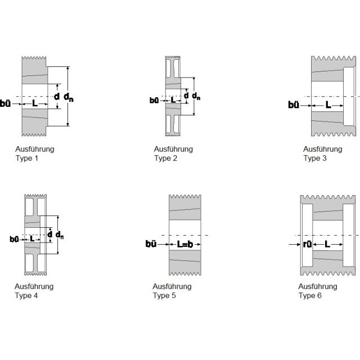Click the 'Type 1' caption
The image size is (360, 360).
(26, 158)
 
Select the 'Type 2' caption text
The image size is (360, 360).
(165, 158)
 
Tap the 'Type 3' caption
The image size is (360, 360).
(315, 158)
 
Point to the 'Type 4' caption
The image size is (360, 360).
(26, 295)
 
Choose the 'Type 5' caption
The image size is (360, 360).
(164, 295)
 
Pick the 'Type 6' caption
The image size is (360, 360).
(310, 295)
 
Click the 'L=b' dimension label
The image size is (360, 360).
(185, 244)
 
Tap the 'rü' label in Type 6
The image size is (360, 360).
(308, 244)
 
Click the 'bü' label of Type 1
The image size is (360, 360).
(5, 103)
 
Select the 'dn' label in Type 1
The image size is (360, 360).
(69, 97)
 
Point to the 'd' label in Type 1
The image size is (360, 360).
(57, 96)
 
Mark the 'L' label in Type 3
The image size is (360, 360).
(328, 105)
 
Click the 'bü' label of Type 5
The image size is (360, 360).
(151, 244)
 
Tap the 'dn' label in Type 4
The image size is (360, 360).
(60, 235)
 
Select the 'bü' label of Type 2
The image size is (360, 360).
(154, 100)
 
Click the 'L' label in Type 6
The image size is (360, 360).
(327, 244)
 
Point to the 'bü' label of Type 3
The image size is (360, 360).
(294, 105)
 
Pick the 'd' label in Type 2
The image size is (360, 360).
(186, 96)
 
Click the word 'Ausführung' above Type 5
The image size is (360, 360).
(172, 286)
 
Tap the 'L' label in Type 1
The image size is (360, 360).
(35, 103)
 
